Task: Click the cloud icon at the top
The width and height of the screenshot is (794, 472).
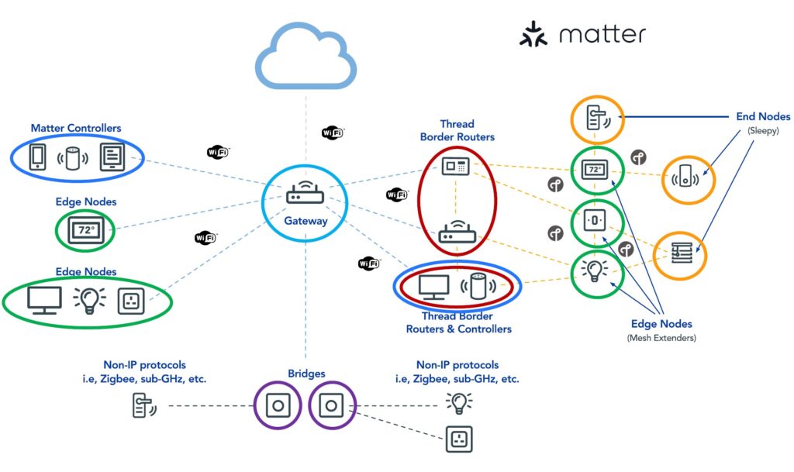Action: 306,60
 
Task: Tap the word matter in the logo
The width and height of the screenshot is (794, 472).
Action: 602,35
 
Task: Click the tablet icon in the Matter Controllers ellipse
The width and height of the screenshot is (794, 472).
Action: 112,157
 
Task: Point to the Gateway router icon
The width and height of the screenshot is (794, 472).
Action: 305,193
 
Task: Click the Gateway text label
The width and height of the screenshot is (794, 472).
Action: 306,221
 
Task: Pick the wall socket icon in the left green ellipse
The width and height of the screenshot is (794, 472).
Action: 130,301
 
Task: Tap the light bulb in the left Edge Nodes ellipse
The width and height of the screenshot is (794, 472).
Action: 88,300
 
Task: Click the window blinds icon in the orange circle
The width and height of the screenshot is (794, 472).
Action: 679,253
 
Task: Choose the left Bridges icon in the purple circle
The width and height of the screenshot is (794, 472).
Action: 278,405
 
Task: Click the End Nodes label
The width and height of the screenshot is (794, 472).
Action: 763,116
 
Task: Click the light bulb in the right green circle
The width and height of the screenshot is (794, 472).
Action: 595,270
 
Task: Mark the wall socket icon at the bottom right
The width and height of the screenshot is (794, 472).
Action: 458,439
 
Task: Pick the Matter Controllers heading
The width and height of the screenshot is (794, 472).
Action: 76,128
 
